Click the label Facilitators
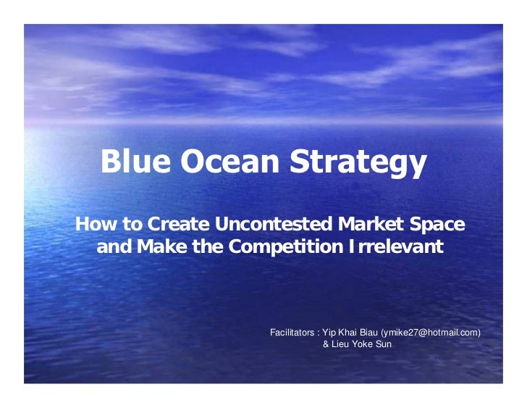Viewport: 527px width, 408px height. pyautogui.click(x=291, y=333)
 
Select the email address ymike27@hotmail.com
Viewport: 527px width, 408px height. pyautogui.click(x=430, y=333)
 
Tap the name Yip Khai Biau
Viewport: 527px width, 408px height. pyautogui.click(x=348, y=333)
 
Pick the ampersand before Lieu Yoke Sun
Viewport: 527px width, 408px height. pyautogui.click(x=325, y=344)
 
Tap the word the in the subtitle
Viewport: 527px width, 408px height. pyautogui.click(x=206, y=248)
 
